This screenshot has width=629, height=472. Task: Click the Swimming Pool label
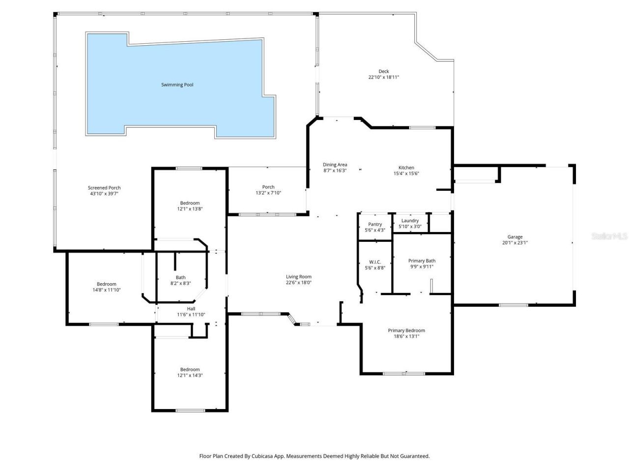177,85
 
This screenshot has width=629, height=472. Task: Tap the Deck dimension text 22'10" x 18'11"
383,77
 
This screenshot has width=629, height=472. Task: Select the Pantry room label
375,224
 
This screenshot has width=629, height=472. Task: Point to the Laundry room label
410,221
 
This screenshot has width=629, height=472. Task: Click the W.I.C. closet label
375,262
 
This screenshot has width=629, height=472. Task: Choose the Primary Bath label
422,261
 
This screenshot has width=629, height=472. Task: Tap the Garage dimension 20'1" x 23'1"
515,243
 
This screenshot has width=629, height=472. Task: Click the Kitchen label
406,168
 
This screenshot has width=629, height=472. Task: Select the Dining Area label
335,165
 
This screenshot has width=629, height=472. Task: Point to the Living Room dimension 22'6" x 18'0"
299,283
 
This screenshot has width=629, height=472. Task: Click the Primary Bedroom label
406,330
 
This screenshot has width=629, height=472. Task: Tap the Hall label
191,309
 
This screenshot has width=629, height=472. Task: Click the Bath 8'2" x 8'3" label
180,280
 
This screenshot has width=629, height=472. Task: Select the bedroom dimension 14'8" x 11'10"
106,290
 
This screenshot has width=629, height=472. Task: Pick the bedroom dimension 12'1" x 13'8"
190,209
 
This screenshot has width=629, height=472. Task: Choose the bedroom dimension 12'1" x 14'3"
190,376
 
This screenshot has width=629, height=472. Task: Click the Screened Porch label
104,188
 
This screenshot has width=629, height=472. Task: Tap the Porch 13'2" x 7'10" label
268,190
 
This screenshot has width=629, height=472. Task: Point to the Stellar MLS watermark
609,236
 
